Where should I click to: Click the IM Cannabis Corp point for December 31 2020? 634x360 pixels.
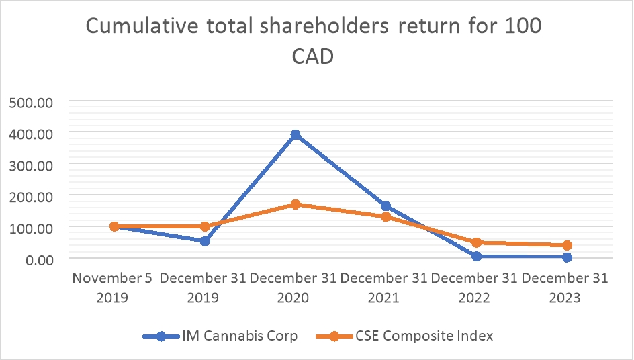click(295, 135)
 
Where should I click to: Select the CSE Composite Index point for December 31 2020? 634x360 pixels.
click(295, 204)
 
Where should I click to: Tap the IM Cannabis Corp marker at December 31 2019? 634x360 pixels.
click(204, 240)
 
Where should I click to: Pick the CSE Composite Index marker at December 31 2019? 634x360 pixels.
click(204, 226)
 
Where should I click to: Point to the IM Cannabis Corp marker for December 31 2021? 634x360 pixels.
click(386, 206)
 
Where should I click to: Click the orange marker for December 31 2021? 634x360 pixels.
click(386, 217)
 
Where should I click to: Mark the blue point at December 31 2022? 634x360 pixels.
click(476, 256)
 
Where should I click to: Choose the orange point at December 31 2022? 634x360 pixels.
click(476, 242)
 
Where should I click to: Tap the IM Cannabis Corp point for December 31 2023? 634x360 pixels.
click(567, 257)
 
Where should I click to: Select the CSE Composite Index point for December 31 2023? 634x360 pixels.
click(567, 245)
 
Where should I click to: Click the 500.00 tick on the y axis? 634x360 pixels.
click(30, 103)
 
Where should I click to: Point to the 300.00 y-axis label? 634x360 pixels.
click(30, 165)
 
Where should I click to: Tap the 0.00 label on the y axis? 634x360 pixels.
click(36, 259)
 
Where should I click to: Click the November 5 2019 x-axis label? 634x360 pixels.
click(113, 287)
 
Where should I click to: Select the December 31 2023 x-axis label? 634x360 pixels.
click(565, 287)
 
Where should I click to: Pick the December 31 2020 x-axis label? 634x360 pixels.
click(294, 287)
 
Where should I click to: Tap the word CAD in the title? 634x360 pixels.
click(313, 56)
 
